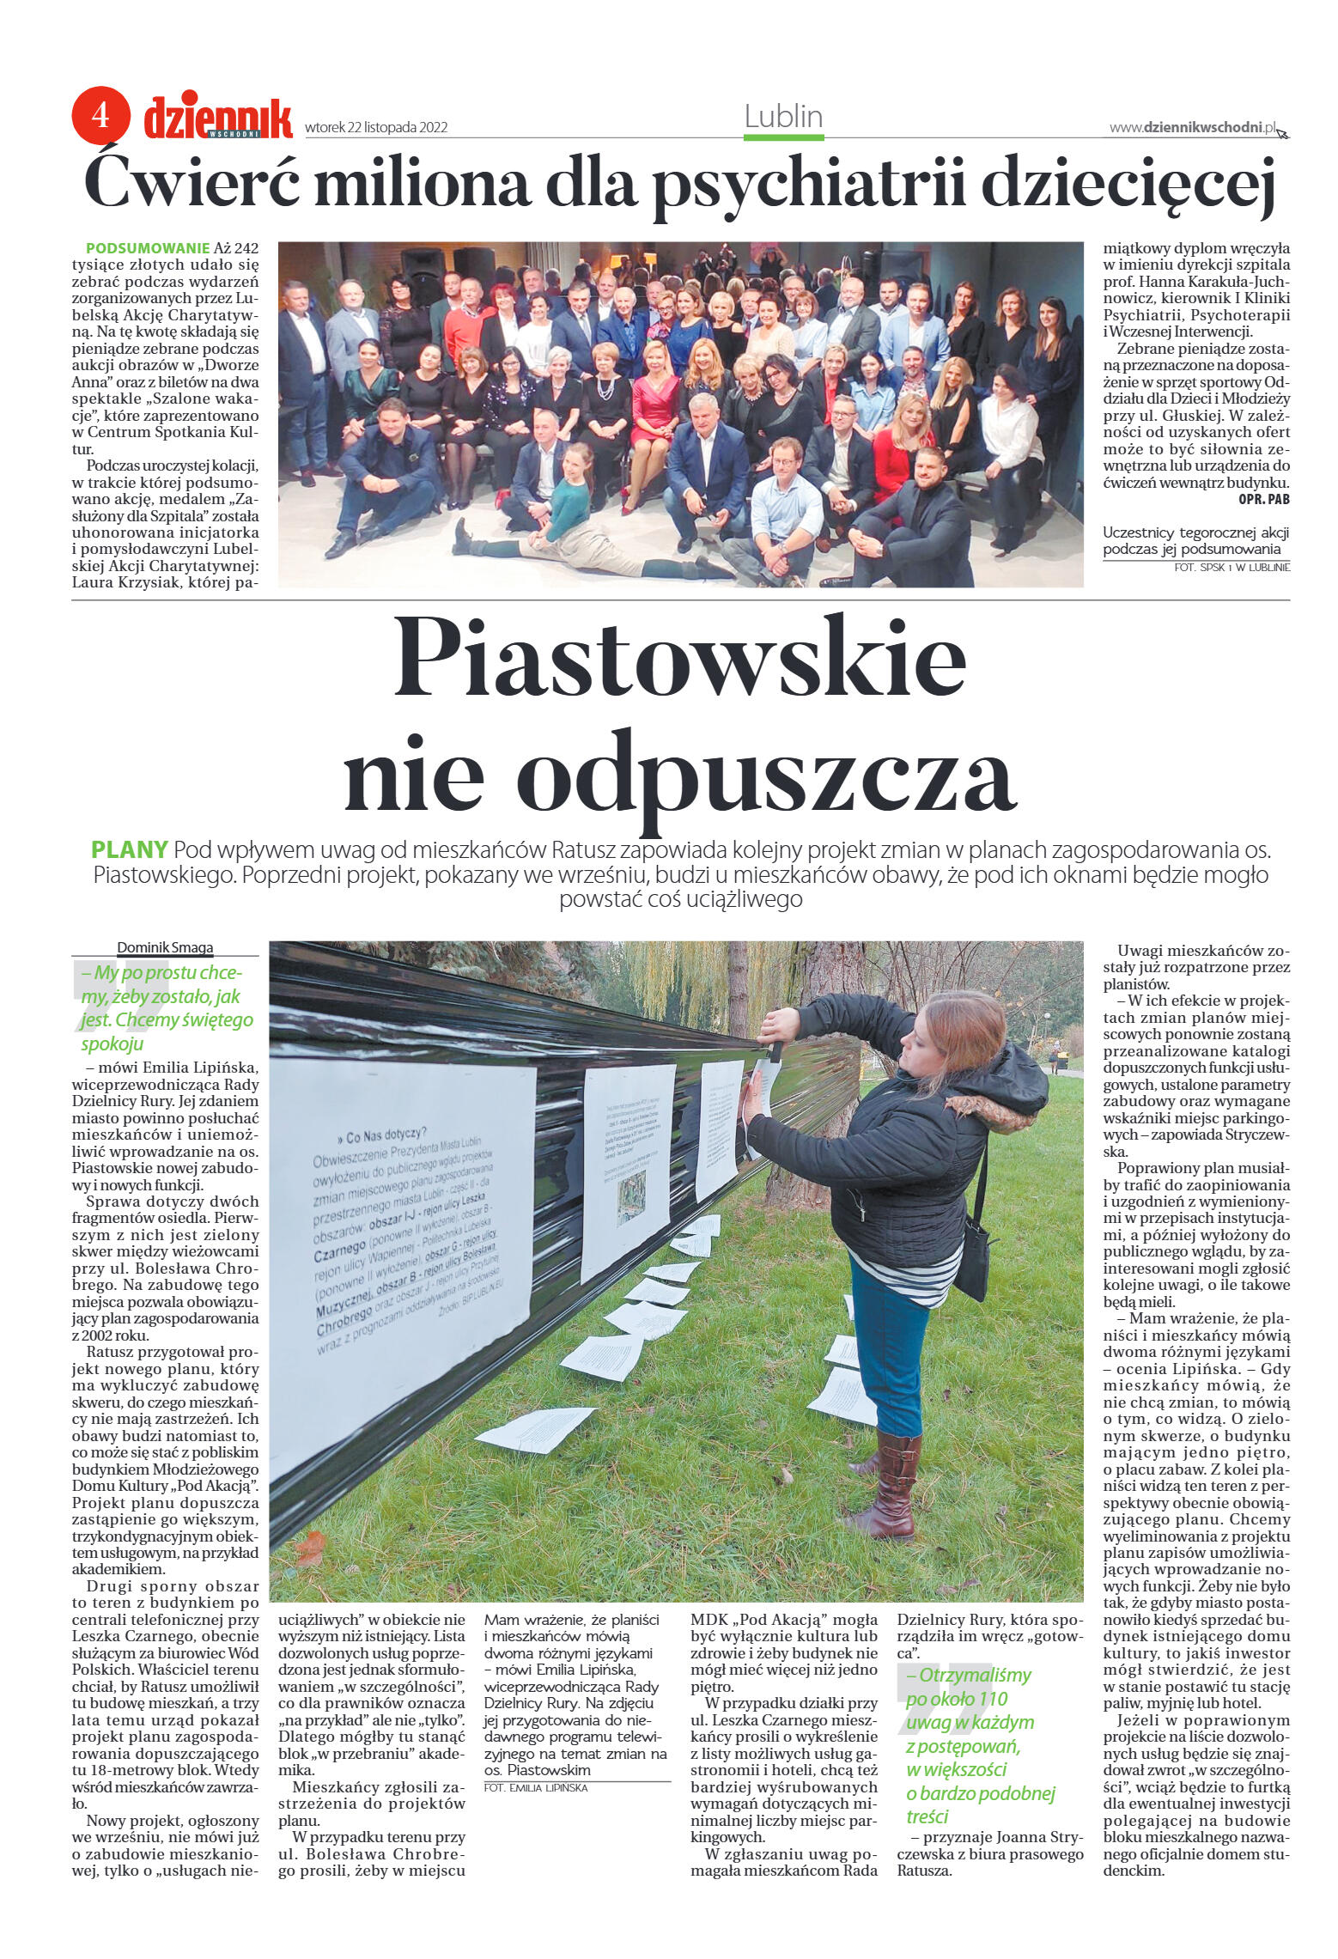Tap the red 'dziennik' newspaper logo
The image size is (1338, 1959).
coord(218,118)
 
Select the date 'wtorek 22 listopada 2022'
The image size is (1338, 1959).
coord(376,128)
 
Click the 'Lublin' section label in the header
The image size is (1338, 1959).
coord(783,117)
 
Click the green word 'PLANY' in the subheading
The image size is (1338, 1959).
coord(129,850)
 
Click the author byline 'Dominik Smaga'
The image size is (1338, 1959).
coord(165,947)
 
